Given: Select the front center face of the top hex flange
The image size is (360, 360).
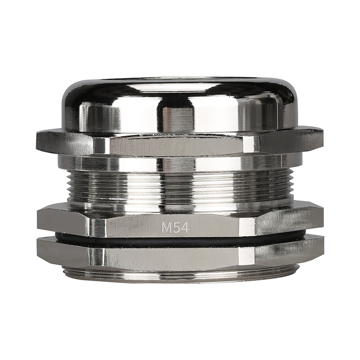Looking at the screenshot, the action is [x=176, y=144].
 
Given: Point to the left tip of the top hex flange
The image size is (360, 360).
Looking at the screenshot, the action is [x=37, y=141].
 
